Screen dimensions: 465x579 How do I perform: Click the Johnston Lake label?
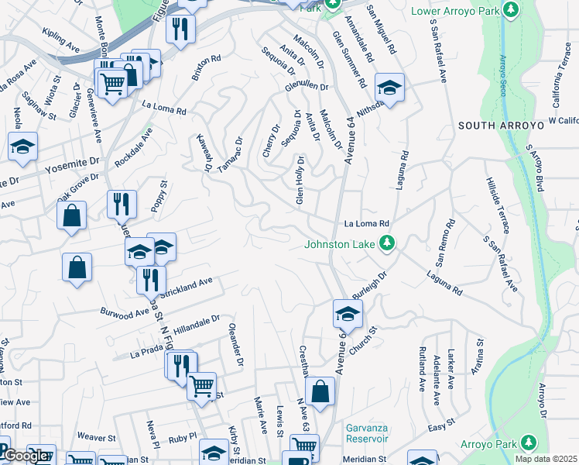coord(339,245)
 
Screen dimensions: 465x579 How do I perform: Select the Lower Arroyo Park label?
coord(454,11)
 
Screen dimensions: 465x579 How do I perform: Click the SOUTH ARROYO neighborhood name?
coord(494,125)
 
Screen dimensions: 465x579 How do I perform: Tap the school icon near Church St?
coord(348,313)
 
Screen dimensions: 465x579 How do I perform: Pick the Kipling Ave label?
coord(62,43)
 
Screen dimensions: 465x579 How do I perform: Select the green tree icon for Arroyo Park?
coord(529,442)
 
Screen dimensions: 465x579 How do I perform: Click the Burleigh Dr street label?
coord(369,286)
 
